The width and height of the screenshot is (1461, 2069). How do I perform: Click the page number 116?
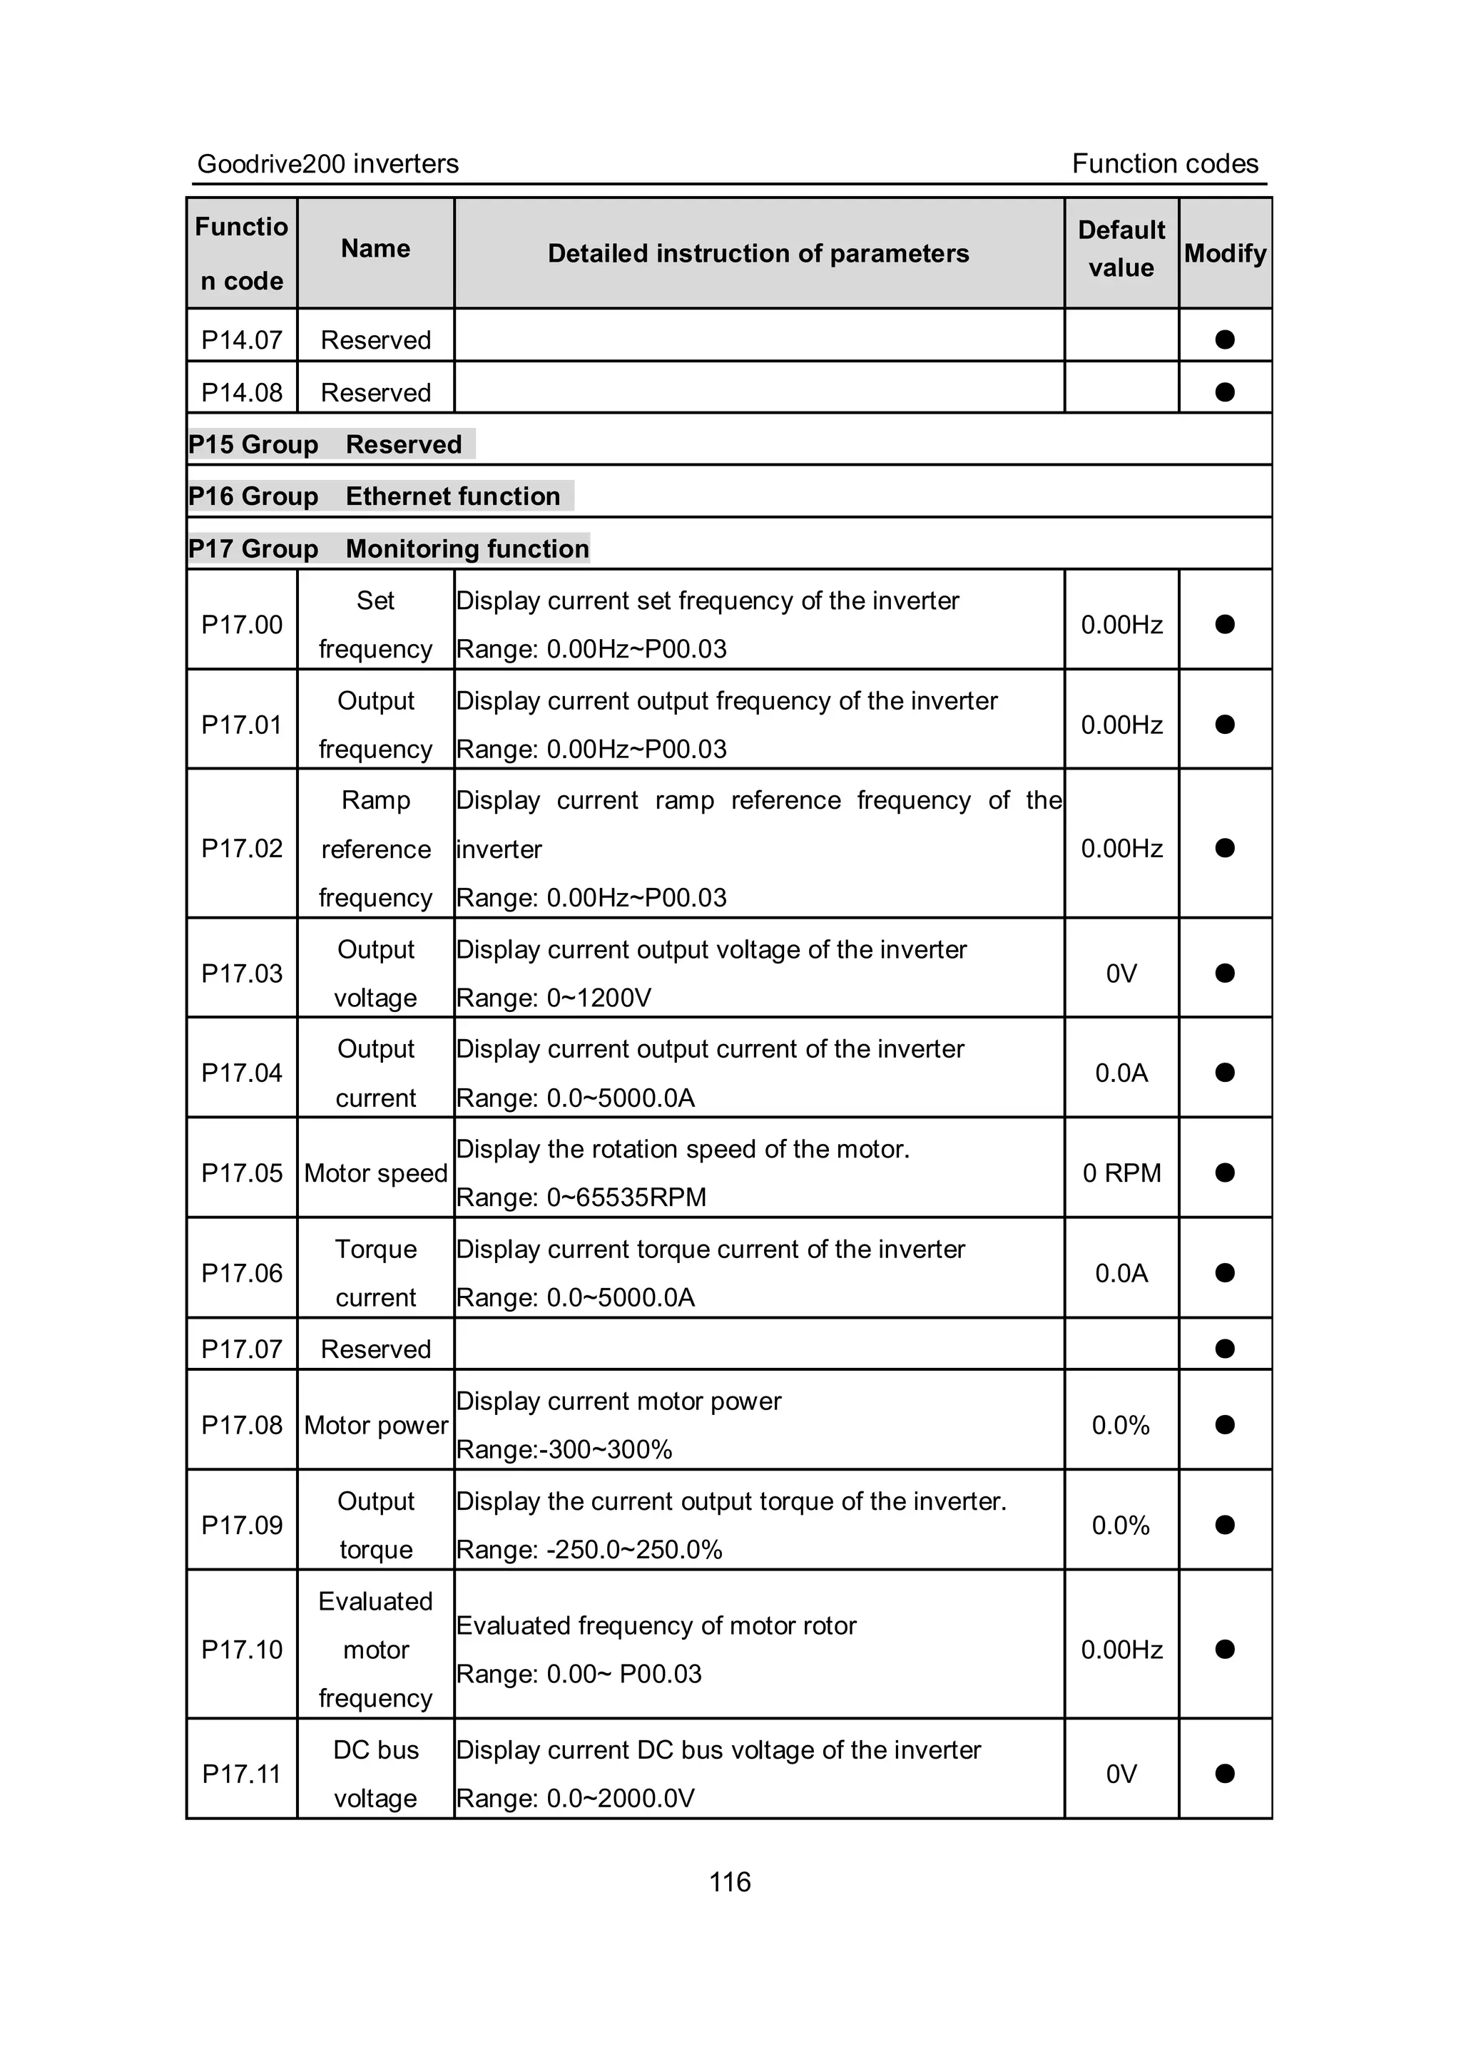(x=729, y=1881)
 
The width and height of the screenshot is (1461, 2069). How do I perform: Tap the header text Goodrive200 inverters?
(x=328, y=164)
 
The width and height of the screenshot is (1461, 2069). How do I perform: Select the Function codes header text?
(x=1164, y=164)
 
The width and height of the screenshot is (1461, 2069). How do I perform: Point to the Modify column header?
(x=1224, y=253)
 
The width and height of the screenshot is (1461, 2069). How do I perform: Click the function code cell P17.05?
(x=242, y=1173)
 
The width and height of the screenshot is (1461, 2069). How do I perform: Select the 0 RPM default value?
(x=1121, y=1173)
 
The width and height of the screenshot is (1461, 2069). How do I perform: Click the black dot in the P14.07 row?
(x=1224, y=339)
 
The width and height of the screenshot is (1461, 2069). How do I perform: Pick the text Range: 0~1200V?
(x=554, y=998)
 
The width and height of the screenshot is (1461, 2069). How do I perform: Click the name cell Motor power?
(x=376, y=1426)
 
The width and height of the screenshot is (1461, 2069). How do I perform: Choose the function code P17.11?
(x=242, y=1774)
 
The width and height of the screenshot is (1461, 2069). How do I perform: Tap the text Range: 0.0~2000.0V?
(x=575, y=1799)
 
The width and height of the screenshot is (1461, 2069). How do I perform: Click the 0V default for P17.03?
(x=1121, y=974)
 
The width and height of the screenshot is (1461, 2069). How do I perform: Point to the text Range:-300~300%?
(x=564, y=1450)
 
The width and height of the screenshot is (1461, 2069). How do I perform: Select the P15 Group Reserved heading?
(x=326, y=445)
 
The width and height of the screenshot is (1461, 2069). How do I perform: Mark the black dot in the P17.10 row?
(x=1224, y=1649)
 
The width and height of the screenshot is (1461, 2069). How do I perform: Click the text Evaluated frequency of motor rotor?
(x=656, y=1625)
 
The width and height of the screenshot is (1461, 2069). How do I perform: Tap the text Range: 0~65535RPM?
(x=581, y=1197)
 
